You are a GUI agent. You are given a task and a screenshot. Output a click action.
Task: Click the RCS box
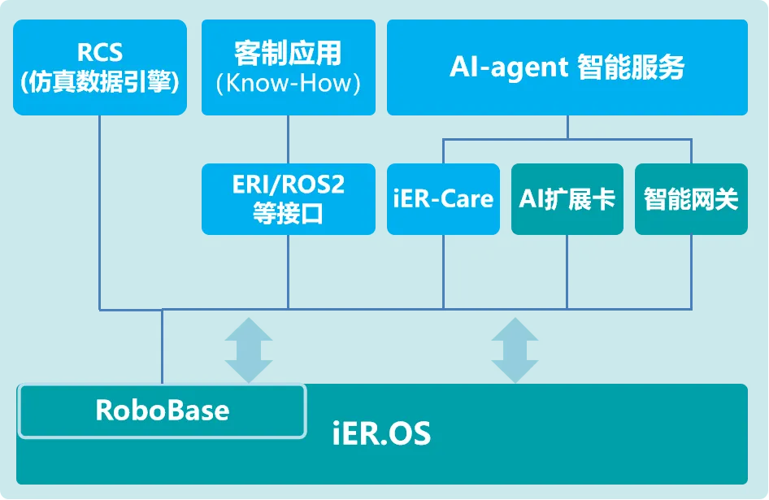click(100, 67)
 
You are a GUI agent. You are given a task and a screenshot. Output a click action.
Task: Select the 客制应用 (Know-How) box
click(288, 67)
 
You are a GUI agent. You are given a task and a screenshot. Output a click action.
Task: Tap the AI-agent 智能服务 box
click(567, 67)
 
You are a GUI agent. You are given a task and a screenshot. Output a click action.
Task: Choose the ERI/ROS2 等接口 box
click(288, 198)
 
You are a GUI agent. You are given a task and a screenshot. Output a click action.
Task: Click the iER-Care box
click(443, 198)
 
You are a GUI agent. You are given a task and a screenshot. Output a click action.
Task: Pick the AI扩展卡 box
click(567, 198)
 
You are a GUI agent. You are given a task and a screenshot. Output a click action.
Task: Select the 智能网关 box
click(690, 198)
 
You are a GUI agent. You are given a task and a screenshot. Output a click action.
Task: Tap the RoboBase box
click(162, 410)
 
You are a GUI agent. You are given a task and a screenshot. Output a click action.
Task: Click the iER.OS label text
click(381, 433)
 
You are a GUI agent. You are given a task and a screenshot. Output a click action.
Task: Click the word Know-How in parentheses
click(289, 83)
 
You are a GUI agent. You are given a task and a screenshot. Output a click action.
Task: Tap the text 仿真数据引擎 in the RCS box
click(100, 82)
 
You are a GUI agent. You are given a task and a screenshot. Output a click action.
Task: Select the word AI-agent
click(508, 67)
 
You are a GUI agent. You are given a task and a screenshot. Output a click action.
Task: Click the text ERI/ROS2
click(288, 185)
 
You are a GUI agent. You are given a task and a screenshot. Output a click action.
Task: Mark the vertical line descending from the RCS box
click(100, 211)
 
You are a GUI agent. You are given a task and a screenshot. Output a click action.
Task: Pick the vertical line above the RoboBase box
click(162, 346)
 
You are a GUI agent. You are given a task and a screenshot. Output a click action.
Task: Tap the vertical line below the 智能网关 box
click(690, 272)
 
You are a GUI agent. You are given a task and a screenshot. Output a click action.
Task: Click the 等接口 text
click(288, 214)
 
